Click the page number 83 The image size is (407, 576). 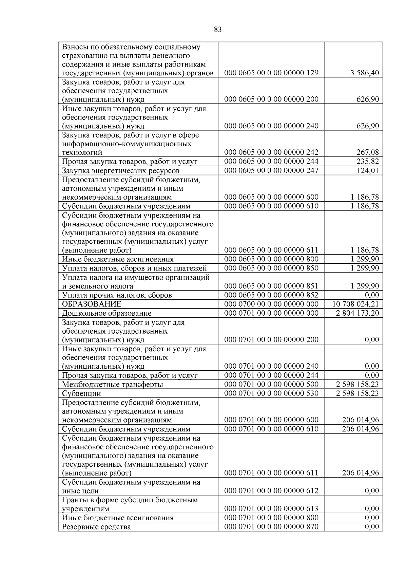pos(218,30)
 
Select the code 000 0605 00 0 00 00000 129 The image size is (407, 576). pos(271,73)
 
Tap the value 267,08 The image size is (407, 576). pos(368,152)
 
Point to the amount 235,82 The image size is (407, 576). pos(368,162)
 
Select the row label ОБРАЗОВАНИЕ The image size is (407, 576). pos(92,304)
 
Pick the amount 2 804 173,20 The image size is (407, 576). pos(357,313)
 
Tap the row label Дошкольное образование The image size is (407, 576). pos(106,313)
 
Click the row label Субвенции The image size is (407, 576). pos(81,394)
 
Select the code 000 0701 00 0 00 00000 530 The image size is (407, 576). pos(271,393)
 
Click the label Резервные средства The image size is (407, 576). pos(96,527)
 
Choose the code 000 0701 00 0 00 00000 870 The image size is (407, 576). pos(271,527)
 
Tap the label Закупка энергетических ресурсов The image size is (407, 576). pos(121,171)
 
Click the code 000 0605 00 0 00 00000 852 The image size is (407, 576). pos(271,295)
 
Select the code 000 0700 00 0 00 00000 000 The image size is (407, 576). pos(271,304)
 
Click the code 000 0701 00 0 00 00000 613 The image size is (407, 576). pos(271,508)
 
